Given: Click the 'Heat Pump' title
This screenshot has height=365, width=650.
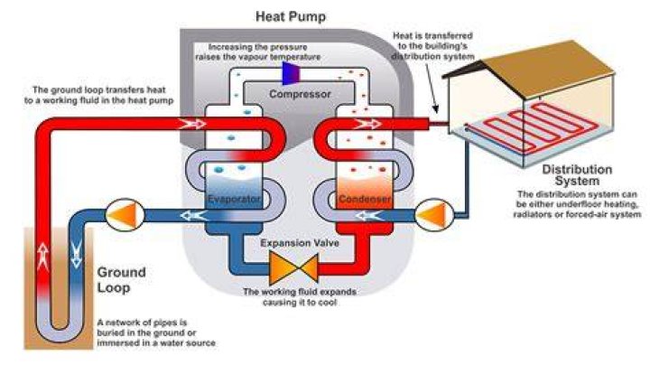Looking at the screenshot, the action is pyautogui.click(x=291, y=17).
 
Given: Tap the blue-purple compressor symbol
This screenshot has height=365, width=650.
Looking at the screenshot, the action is pyautogui.click(x=291, y=73).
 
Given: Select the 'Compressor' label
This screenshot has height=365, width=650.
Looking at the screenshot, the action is pyautogui.click(x=300, y=94).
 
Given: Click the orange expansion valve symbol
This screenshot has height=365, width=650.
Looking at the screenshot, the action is pyautogui.click(x=293, y=268).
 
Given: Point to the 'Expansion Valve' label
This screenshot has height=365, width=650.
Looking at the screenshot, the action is pyautogui.click(x=300, y=243).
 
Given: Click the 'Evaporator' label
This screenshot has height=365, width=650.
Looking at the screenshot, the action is pyautogui.click(x=234, y=199).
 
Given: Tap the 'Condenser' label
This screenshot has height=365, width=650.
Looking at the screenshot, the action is pyautogui.click(x=365, y=199).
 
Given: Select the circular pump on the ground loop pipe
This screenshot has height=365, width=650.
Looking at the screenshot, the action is pyautogui.click(x=125, y=215).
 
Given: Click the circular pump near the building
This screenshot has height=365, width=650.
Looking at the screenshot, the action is pyautogui.click(x=434, y=215).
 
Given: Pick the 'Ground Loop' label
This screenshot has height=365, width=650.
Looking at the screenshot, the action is pyautogui.click(x=122, y=280).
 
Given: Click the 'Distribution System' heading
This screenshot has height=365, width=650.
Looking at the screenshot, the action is pyautogui.click(x=577, y=175).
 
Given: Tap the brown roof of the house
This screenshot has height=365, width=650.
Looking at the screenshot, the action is pyautogui.click(x=548, y=69).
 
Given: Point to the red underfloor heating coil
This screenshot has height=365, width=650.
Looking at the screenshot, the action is pyautogui.click(x=535, y=126).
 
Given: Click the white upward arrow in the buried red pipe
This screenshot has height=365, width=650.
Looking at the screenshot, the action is pyautogui.click(x=43, y=257).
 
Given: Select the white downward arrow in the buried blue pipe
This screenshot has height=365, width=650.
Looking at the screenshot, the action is pyautogui.click(x=76, y=254).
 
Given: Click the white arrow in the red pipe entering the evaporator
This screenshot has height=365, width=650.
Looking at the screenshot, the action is pyautogui.click(x=191, y=124).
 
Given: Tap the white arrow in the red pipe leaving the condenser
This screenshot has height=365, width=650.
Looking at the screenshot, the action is pyautogui.click(x=367, y=124).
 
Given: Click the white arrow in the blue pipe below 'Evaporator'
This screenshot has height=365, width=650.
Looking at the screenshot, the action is pyautogui.click(x=194, y=216).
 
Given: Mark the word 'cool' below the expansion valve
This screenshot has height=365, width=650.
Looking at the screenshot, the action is pyautogui.click(x=327, y=303).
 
